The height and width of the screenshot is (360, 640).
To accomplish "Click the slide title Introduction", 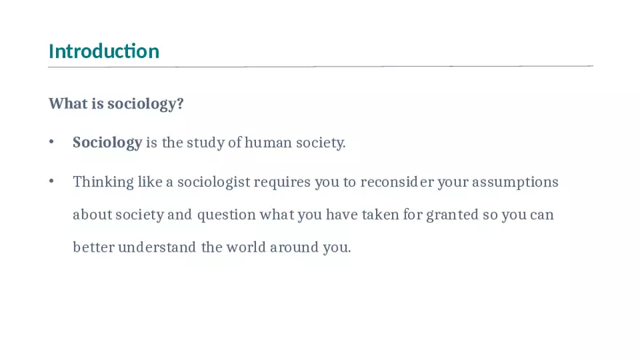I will pyautogui.click(x=104, y=52).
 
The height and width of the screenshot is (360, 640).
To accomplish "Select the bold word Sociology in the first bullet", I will pyautogui.click(x=107, y=143).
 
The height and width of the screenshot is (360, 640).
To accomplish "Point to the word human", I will pyautogui.click(x=268, y=143).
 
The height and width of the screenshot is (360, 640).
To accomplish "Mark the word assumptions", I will pyautogui.click(x=515, y=182).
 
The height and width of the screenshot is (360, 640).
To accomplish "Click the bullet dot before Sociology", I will pyautogui.click(x=52, y=143).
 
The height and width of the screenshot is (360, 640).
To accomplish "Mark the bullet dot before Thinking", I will pyautogui.click(x=52, y=182).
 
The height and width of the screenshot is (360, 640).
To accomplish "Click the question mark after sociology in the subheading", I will pyautogui.click(x=180, y=104).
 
